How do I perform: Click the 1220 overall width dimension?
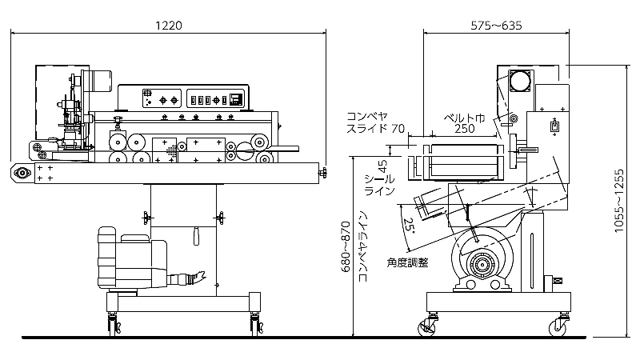click(x=169, y=25)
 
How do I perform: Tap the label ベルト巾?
click(x=465, y=116)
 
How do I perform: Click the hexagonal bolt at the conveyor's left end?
click(x=22, y=172)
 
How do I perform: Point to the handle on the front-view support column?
click(x=196, y=238)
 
